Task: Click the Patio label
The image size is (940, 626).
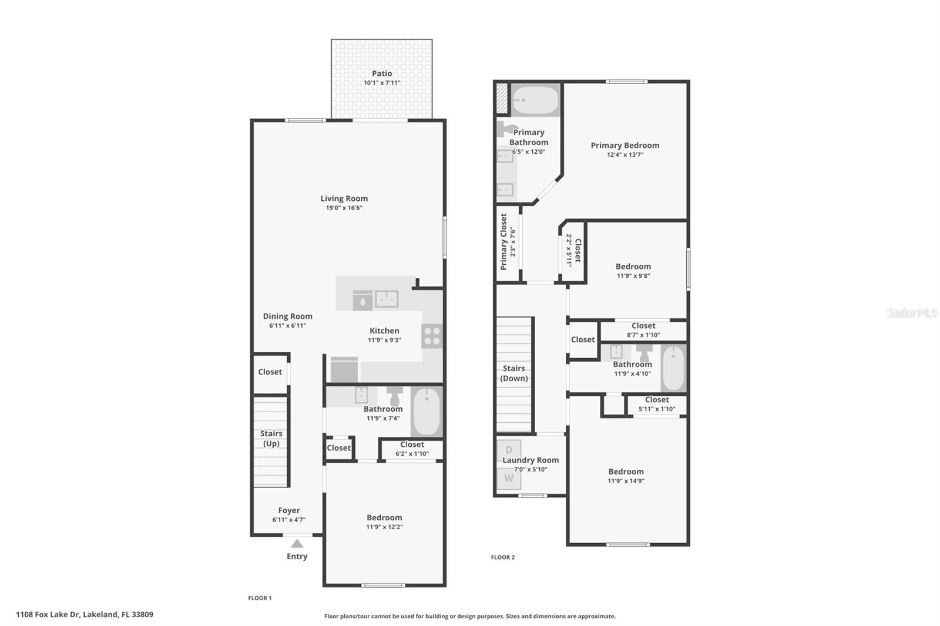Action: tap(382, 73)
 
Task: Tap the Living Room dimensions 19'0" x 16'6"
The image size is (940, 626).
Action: tap(344, 208)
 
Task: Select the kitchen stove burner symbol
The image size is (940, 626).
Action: tap(432, 336)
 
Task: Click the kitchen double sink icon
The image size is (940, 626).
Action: tap(387, 299)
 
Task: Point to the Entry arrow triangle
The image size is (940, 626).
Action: tap(297, 543)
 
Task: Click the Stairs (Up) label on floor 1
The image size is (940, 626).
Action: tap(271, 438)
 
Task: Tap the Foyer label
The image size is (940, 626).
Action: tap(289, 510)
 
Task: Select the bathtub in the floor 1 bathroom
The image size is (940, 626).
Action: tap(427, 412)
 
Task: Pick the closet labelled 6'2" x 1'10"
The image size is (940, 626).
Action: tap(412, 449)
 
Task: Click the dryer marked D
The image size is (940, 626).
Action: tap(509, 450)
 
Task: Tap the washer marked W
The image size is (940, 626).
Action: tap(509, 478)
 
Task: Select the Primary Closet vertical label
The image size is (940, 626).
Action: tap(503, 241)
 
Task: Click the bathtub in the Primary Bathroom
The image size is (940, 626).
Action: tap(535, 100)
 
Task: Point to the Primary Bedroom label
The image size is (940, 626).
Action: tap(625, 145)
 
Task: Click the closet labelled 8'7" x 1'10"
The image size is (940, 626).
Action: tap(643, 330)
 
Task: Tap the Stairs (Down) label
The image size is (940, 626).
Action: tap(514, 373)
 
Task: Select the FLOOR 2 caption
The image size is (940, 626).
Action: tap(503, 557)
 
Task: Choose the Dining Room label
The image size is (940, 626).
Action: tap(287, 316)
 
